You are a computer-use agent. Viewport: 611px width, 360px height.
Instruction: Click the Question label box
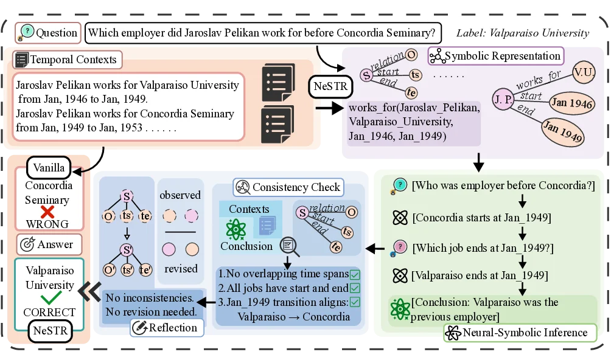pos(49,33)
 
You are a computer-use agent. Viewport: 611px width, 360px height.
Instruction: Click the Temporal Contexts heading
pos(67,60)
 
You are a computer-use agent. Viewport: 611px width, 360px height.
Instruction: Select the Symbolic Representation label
pos(496,57)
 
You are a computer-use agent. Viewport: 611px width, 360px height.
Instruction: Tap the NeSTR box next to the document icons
pos(330,86)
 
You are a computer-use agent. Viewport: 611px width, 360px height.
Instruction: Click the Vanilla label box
pos(49,167)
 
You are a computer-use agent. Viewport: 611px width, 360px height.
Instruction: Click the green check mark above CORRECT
pos(50,299)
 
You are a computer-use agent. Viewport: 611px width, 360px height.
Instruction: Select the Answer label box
pos(49,244)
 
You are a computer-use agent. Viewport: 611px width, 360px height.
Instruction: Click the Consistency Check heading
pos(289,187)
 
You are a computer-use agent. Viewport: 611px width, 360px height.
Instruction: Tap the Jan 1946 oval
pos(571,103)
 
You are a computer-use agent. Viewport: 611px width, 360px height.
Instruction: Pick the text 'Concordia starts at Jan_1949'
pos(481,217)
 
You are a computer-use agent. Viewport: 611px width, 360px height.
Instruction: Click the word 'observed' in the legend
pos(180,195)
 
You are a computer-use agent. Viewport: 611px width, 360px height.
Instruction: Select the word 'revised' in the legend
pos(181,268)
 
